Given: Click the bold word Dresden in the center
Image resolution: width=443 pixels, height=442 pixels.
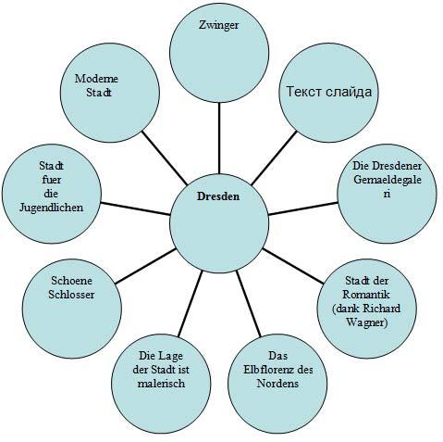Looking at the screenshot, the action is (x=218, y=196).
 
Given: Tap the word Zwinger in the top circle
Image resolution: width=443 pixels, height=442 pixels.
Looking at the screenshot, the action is (x=218, y=25).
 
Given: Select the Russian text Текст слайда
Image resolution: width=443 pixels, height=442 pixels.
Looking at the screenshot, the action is (x=329, y=92).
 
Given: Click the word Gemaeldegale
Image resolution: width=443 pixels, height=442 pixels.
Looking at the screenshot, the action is (x=387, y=180).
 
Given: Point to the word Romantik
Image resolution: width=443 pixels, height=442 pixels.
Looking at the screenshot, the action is (x=366, y=295).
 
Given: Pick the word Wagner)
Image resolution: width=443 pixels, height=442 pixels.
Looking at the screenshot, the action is (x=366, y=322).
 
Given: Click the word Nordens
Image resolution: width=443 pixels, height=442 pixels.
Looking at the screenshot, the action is (x=277, y=384).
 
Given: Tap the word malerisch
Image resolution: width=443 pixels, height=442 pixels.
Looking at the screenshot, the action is (x=161, y=384).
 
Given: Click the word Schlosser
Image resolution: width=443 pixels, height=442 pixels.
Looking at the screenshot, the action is (x=71, y=295).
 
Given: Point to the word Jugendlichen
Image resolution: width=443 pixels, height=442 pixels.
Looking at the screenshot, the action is (x=51, y=208).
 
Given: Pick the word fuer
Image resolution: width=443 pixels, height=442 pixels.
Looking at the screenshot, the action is (x=51, y=180).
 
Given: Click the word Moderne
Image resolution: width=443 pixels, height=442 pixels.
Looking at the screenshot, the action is (x=96, y=79).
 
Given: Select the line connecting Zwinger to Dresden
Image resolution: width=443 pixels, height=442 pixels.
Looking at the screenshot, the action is (x=219, y=138).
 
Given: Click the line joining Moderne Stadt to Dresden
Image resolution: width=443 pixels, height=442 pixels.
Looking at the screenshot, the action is (x=165, y=158).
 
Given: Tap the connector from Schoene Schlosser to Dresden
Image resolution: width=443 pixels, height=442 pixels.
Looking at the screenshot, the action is (x=145, y=266).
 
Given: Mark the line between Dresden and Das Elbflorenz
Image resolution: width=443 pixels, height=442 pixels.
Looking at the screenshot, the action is (x=249, y=304).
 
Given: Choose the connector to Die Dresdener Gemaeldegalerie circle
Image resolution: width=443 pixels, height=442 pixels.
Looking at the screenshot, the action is (x=303, y=208).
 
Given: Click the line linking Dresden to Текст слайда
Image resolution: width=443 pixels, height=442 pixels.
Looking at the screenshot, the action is (x=274, y=158).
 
